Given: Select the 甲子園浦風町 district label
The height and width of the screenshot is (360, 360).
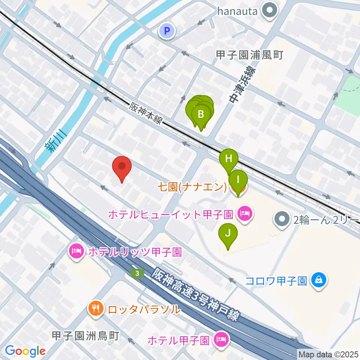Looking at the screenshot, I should [x=249, y=55].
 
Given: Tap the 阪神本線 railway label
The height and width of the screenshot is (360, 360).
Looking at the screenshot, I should [x=146, y=114].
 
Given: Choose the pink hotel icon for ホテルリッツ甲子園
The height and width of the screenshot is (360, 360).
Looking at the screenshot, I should [x=76, y=251].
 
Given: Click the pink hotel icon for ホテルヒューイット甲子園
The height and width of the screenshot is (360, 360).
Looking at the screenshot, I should [x=244, y=214].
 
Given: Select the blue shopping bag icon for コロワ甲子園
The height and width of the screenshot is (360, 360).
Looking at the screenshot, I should [x=318, y=280].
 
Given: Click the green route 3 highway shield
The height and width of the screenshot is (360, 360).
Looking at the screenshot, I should [x=138, y=273].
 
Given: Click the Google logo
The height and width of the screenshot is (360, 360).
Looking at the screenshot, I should [x=25, y=351].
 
